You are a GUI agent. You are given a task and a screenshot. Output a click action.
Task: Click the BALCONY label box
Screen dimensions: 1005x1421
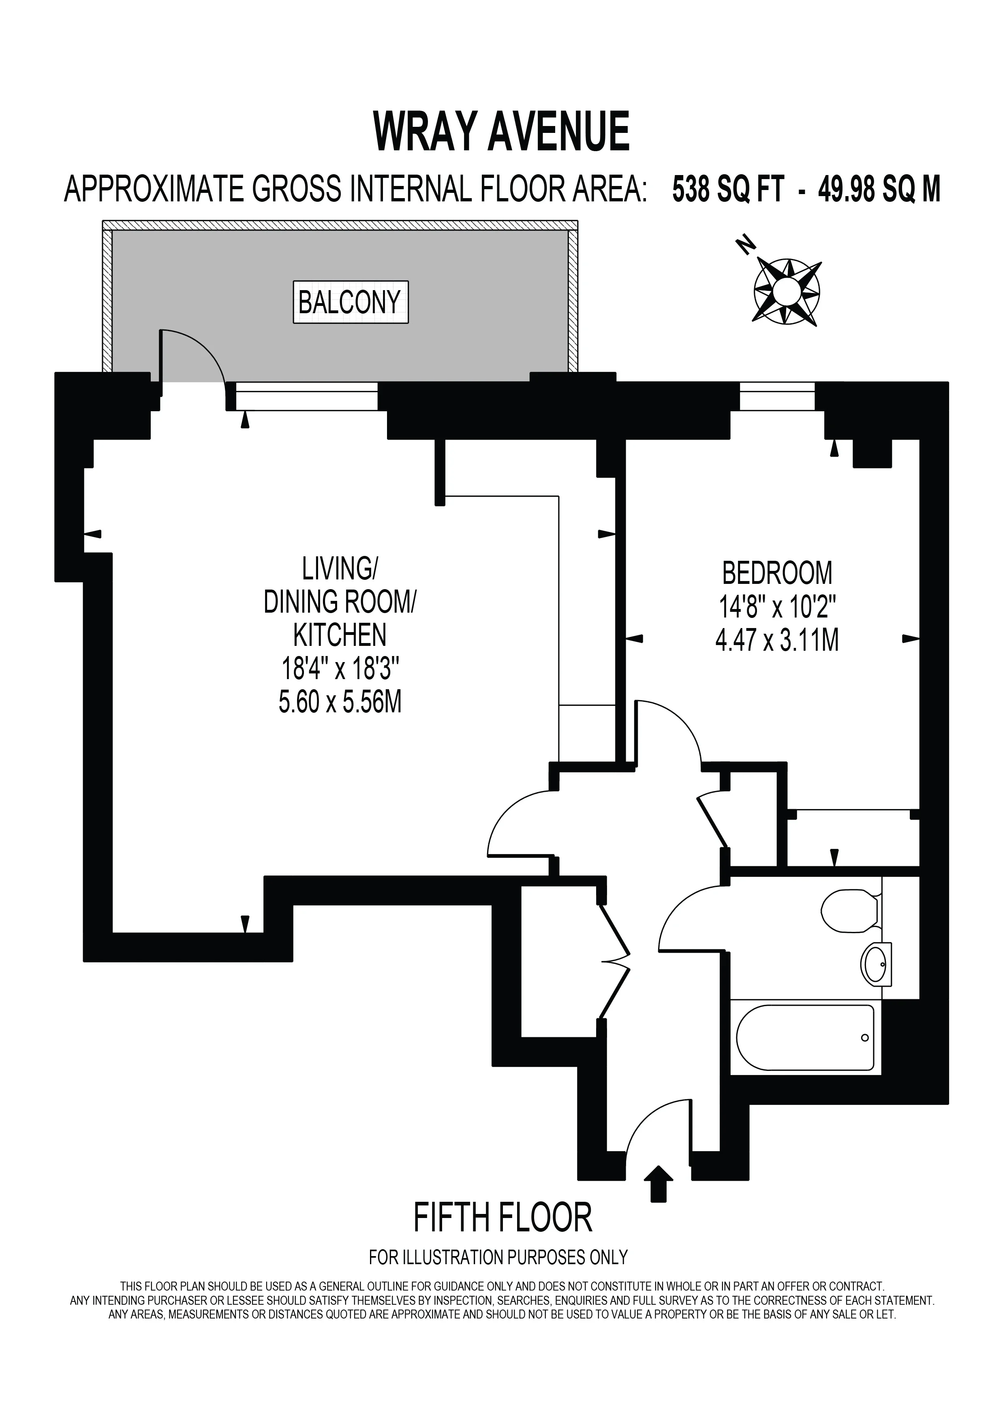coord(350,303)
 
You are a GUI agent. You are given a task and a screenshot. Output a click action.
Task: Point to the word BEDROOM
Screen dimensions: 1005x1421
coord(777,573)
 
